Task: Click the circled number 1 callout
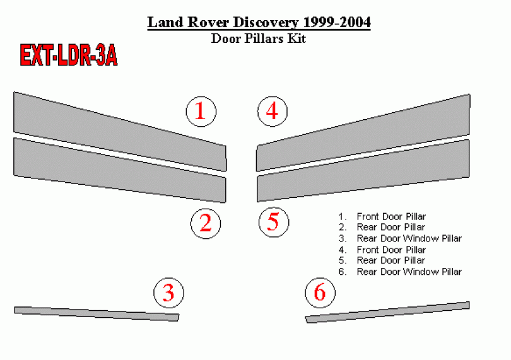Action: [x=201, y=112]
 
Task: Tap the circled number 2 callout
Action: [x=206, y=223]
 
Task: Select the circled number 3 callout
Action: [x=169, y=293]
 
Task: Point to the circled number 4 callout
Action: [x=273, y=112]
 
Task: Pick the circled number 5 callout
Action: [x=274, y=222]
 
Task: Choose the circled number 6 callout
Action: [x=320, y=293]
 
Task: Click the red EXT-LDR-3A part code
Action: [x=68, y=55]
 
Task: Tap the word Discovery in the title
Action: [x=266, y=23]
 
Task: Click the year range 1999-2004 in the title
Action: [x=337, y=22]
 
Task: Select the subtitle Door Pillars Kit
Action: [x=259, y=38]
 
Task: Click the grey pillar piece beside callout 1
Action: [x=120, y=131]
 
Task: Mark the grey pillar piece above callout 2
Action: [x=120, y=170]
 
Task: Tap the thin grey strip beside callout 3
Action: [x=97, y=314]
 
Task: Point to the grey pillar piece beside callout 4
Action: [x=363, y=132]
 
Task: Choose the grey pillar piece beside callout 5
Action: [x=363, y=171]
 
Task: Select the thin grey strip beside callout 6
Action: [x=387, y=312]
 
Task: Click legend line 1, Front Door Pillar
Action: [x=382, y=216]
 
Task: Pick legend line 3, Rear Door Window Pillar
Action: [x=400, y=238]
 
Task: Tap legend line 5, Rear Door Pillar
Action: [x=382, y=260]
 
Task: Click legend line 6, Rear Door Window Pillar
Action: [x=400, y=271]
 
